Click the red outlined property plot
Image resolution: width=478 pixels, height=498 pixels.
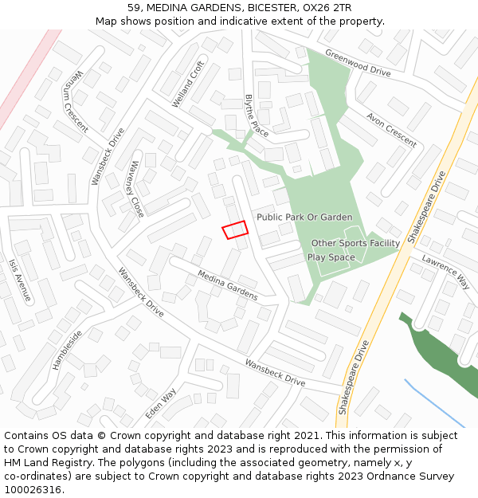tap(235, 229)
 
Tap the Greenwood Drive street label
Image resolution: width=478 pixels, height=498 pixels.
tap(358, 63)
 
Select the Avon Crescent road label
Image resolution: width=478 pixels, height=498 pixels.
tap(391, 129)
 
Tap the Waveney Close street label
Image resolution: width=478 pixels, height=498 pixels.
tap(132, 189)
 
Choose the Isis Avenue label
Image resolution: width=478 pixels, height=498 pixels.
tap(20, 280)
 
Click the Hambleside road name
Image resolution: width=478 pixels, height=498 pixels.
tap(67, 350)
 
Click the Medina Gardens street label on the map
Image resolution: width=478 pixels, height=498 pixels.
tap(228, 285)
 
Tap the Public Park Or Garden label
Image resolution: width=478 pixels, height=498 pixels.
tap(304, 217)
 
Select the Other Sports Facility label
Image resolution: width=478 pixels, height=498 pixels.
tap(355, 243)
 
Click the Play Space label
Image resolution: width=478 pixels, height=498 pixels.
tap(331, 257)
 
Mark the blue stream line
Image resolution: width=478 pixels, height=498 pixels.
tap(434, 402)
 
